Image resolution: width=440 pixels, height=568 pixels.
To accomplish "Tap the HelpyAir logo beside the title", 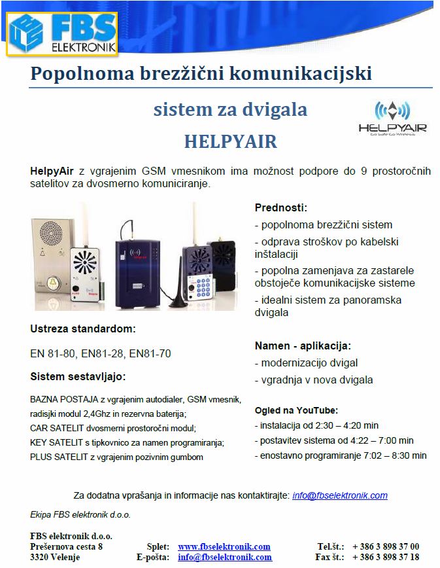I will coord(392,117).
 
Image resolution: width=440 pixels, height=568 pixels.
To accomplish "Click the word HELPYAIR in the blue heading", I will coord(230,141).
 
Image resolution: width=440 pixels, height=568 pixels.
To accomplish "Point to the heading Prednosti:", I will coord(280,207).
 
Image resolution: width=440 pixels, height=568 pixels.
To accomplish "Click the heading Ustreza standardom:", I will coord(83,328).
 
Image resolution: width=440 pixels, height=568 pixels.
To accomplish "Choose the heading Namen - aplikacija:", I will coord(303,346).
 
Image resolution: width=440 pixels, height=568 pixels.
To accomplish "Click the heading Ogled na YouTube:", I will coord(296,410).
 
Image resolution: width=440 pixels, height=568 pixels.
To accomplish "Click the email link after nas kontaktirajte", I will coord(340,495).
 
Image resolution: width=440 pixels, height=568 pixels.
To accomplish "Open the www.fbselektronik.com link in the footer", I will coord(224,546).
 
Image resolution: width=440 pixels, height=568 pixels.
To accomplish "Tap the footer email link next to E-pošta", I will coord(225,558).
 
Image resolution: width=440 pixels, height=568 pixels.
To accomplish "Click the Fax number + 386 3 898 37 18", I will coord(386,558).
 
